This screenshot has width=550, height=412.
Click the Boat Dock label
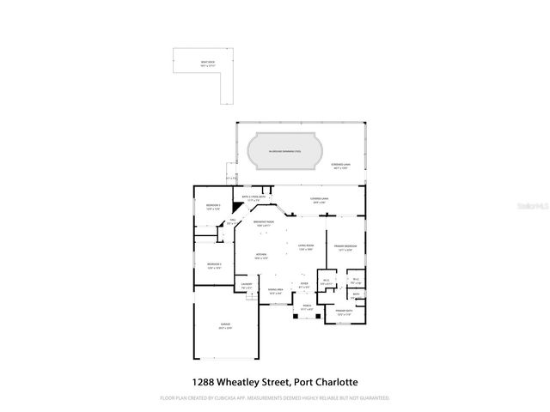(206, 64)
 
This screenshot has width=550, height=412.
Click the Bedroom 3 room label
(214, 207)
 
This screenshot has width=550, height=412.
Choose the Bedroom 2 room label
(214, 264)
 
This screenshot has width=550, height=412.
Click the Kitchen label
(260, 256)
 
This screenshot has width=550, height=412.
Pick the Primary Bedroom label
(345, 247)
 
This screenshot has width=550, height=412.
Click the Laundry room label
(246, 287)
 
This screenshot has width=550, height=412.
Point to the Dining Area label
(275, 293)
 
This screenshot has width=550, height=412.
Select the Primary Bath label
(344, 312)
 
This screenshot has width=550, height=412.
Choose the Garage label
(224, 326)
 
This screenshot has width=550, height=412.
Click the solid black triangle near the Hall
(226, 218)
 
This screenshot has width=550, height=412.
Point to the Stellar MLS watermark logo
(524, 206)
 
